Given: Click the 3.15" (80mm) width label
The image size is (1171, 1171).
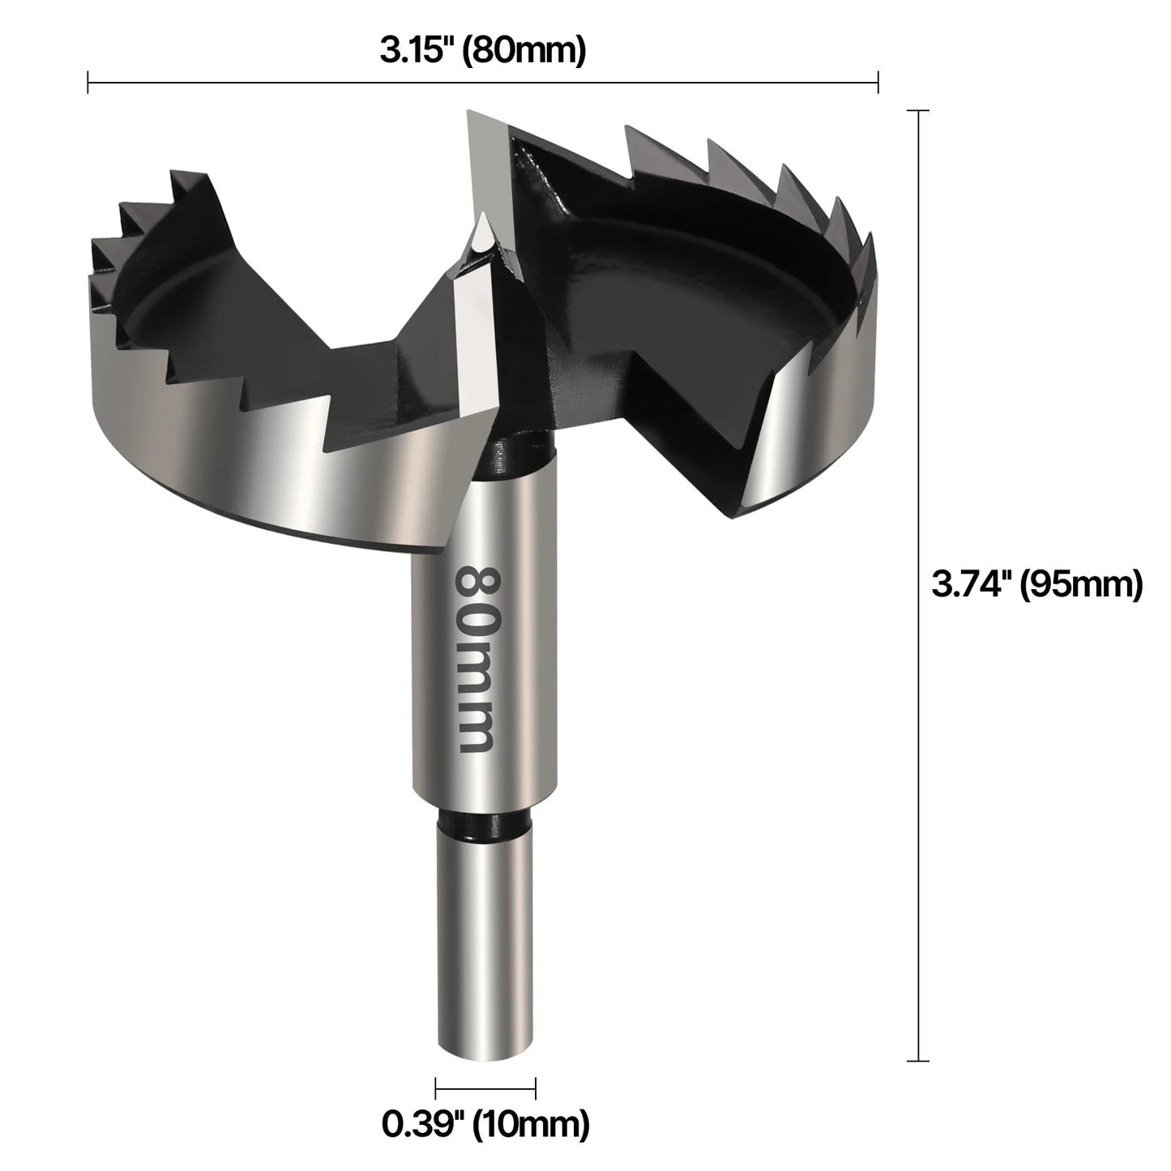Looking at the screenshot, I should point(482,51).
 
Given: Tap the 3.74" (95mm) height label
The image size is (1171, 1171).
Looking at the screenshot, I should point(1036,583).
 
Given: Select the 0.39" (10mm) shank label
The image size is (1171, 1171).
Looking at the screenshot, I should point(485,1123).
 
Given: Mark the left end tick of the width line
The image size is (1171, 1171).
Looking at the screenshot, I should point(88,82).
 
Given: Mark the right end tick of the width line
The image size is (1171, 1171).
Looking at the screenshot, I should point(878,82).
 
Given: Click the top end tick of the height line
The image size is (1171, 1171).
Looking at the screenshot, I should point(917,110).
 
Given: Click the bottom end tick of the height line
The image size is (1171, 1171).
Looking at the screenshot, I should point(917,1060).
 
